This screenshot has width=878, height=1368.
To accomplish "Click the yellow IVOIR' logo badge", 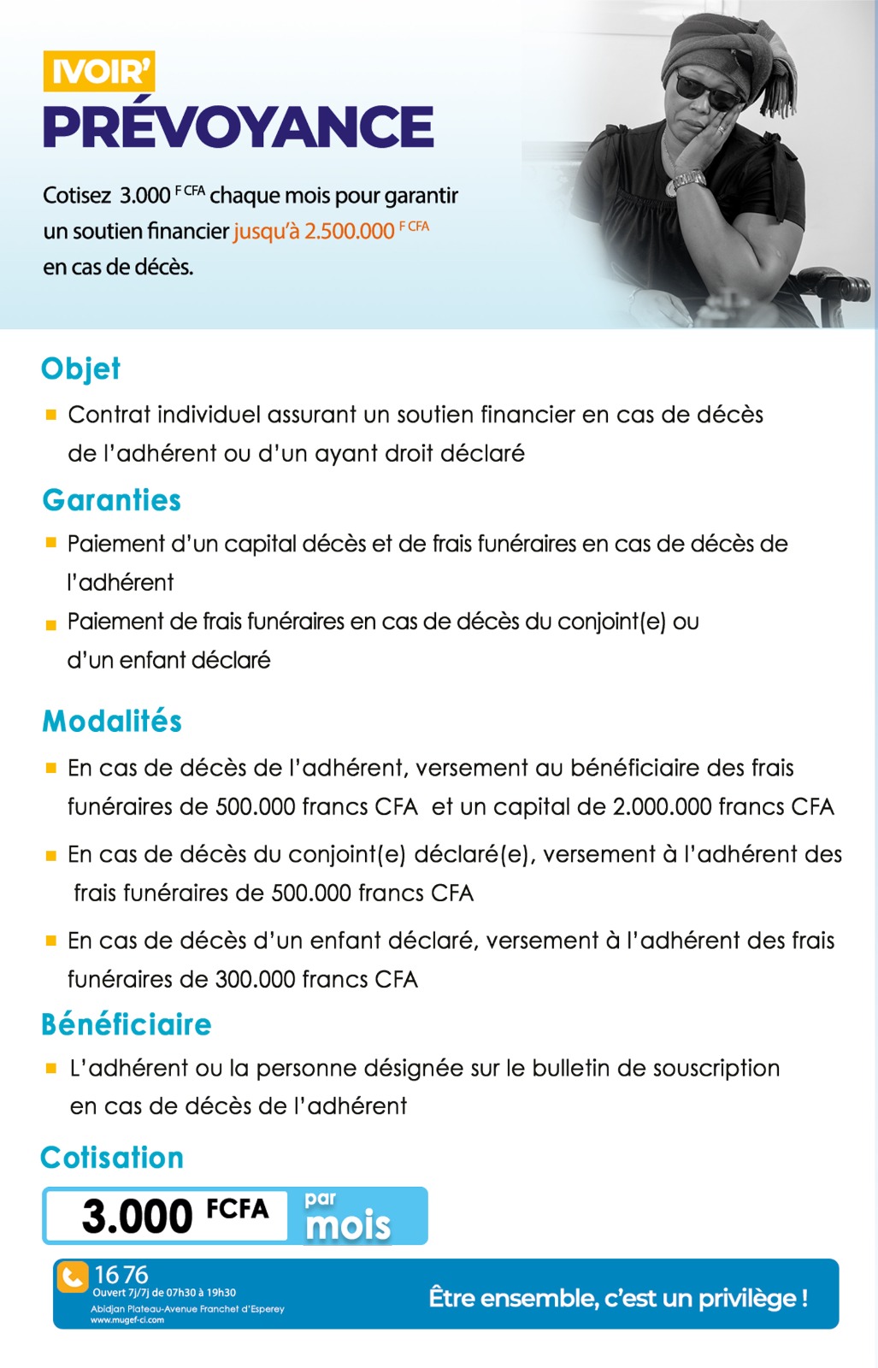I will [99, 71].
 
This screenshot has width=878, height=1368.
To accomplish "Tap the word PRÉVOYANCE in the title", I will [239, 127].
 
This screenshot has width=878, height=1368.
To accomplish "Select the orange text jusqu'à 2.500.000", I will [314, 231].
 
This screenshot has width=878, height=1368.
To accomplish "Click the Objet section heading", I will [81, 369].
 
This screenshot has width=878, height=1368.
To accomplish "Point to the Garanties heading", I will [112, 500].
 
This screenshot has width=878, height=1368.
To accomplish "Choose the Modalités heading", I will [112, 721].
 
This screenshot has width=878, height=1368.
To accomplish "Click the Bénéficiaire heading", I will [127, 1023].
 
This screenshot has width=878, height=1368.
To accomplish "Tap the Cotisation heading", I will [112, 1157].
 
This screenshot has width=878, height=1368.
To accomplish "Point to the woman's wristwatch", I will [689, 180].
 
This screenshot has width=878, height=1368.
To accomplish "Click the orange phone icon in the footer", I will [73, 1277].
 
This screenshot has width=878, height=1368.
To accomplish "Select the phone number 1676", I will [121, 1275].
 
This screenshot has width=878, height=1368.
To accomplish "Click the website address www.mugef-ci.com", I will [127, 1320].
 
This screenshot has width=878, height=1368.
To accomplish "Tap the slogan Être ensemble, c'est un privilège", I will [618, 1298].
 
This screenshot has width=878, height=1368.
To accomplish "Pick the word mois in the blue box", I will [348, 1225].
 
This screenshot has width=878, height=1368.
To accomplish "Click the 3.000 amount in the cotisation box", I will [138, 1216].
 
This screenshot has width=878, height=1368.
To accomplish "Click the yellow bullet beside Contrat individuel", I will [51, 416].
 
